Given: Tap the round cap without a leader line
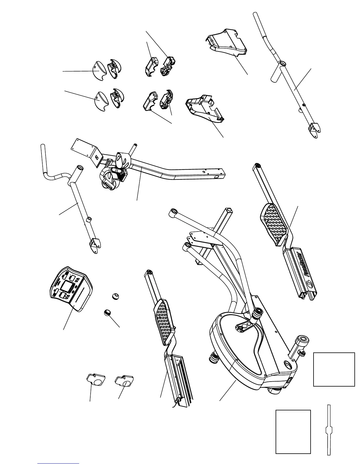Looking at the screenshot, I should pyautogui.click(x=115, y=296).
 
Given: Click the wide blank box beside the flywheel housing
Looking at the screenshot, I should pyautogui.click(x=334, y=369).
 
